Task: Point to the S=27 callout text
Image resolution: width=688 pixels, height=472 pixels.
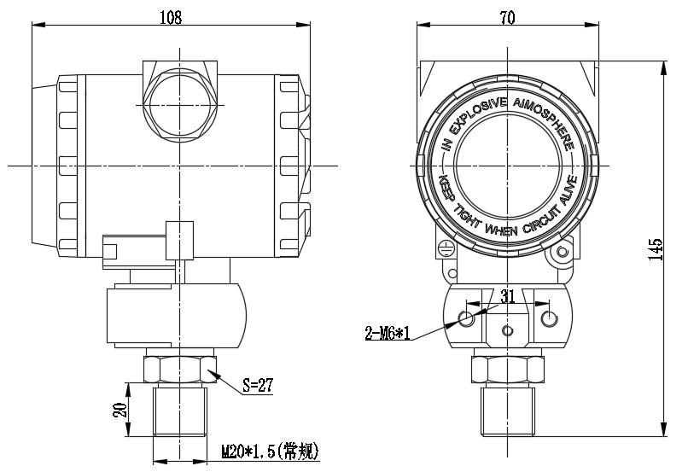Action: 255,385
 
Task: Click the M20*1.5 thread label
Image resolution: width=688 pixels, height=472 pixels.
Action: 270,450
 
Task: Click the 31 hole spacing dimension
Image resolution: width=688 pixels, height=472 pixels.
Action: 508,296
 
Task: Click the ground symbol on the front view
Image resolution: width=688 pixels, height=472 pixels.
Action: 444,248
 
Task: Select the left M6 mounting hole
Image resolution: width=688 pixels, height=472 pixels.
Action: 466,319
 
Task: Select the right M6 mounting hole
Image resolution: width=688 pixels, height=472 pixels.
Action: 549,319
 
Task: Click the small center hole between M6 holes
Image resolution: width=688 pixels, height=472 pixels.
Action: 508,330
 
